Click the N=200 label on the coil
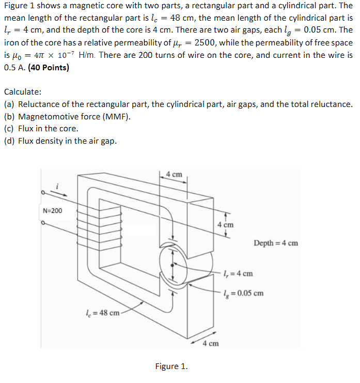(52, 211)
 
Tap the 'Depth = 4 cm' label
(276, 243)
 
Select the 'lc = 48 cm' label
(102, 312)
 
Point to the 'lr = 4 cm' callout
(240, 273)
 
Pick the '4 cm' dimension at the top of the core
(174, 174)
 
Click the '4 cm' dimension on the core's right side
(225, 225)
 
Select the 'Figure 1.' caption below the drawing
(171, 366)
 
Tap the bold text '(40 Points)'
(49, 67)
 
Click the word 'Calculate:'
(23, 92)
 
